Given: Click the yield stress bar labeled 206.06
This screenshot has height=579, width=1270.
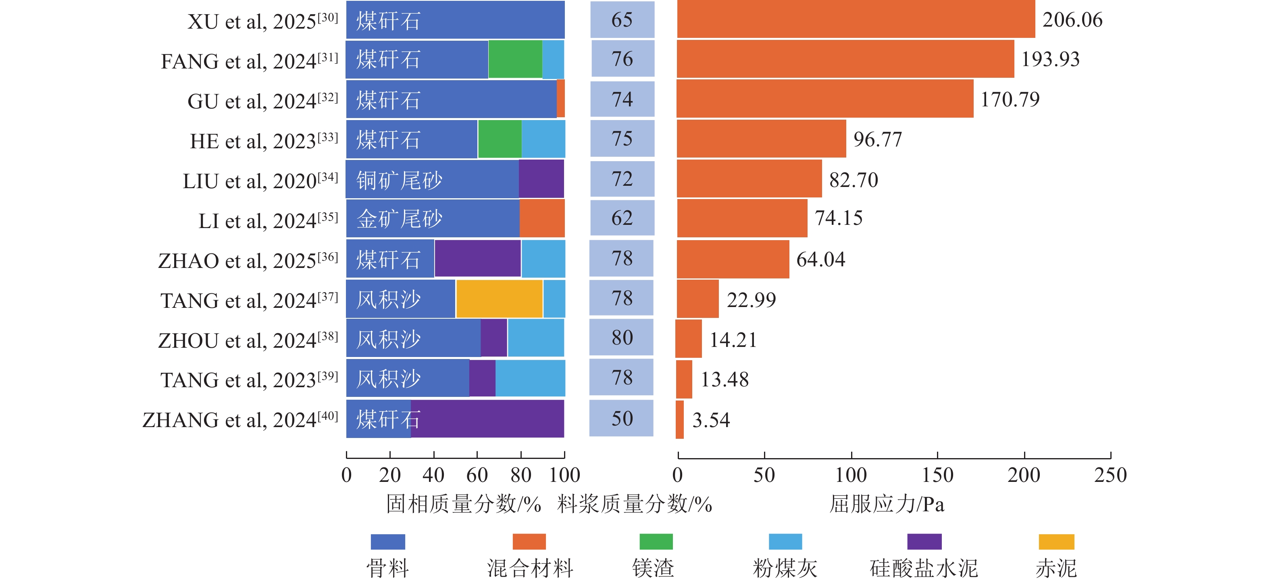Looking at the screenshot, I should pyautogui.click(x=856, y=19).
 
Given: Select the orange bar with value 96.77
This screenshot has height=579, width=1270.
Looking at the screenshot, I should pyautogui.click(x=761, y=139).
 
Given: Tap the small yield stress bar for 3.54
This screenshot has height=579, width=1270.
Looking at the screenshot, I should pyautogui.click(x=680, y=419).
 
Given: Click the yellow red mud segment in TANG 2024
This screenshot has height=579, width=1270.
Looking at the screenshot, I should pyautogui.click(x=499, y=299).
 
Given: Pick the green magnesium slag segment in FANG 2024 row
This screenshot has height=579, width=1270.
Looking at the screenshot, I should pyautogui.click(x=515, y=59).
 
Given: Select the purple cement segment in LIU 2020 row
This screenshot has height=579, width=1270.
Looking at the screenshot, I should pyautogui.click(x=541, y=178).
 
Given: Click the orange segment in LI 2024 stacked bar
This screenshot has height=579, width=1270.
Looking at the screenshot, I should pyautogui.click(x=542, y=218).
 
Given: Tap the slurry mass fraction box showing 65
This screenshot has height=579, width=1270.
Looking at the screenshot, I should pyautogui.click(x=622, y=20).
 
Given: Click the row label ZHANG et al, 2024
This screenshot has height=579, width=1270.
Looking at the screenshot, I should pyautogui.click(x=240, y=420).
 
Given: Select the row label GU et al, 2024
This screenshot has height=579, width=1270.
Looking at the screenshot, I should pyautogui.click(x=263, y=101).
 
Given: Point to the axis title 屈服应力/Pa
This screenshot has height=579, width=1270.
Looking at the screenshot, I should pyautogui.click(x=887, y=504).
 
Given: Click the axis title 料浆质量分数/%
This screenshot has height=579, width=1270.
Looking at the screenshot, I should pyautogui.click(x=635, y=504).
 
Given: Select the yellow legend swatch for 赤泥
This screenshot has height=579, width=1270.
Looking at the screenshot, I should pyautogui.click(x=1056, y=542).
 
